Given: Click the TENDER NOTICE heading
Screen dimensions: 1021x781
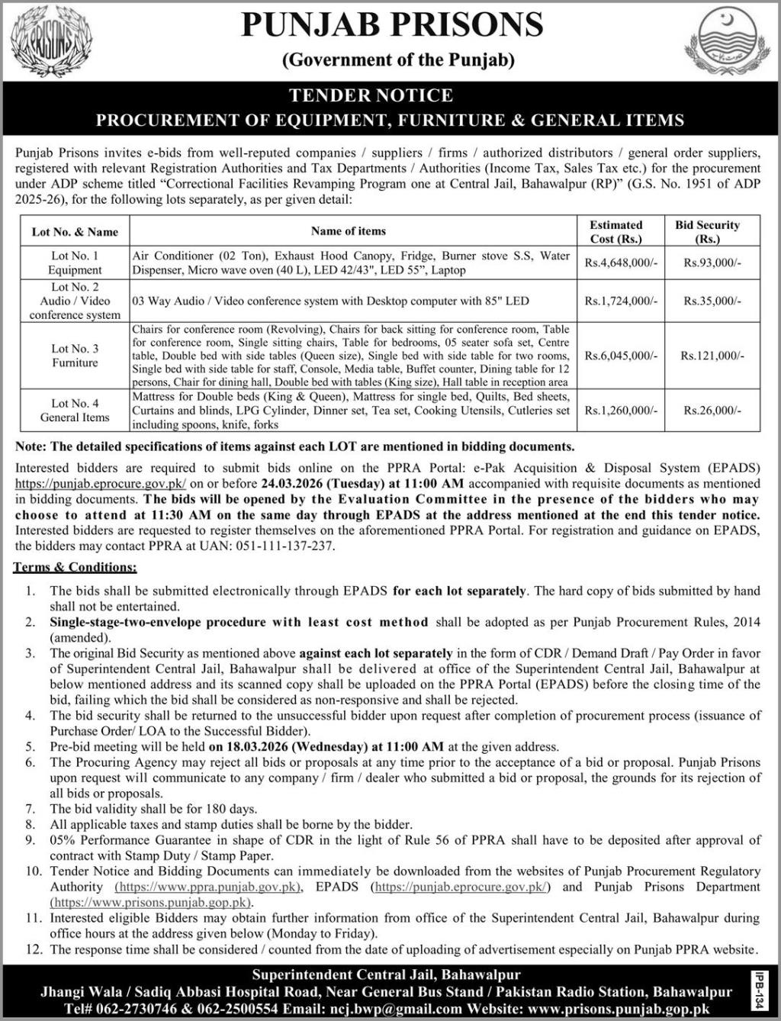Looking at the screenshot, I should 371,95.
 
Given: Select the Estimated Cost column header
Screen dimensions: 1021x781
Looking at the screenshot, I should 615,231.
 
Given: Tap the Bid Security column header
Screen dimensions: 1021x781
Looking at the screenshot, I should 707,231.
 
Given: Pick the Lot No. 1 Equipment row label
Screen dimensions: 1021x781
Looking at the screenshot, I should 75,262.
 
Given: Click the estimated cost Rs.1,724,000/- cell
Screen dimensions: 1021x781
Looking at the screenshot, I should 621,301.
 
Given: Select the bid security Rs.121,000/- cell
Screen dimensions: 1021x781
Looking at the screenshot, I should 712,356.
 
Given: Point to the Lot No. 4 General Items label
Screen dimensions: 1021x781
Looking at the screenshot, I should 75,410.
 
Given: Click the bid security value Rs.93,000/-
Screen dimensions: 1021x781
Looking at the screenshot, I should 712,262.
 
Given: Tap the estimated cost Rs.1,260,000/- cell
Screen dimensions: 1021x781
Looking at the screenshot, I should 621,411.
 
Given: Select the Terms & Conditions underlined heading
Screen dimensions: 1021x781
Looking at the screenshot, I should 75,567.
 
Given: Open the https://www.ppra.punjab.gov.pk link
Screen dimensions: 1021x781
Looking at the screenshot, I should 207,887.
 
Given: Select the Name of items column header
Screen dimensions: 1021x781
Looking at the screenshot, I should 349,231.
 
